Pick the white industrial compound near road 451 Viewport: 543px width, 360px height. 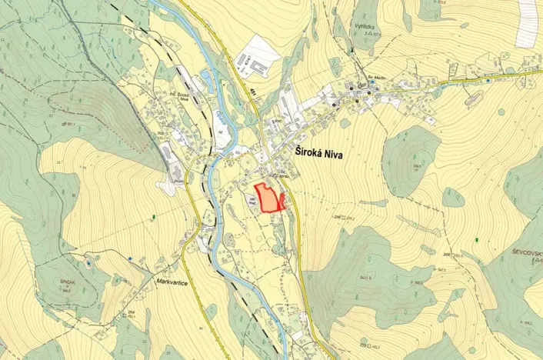pyautogui.click(x=255, y=62)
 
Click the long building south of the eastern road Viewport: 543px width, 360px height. pyautogui.click(x=473, y=98)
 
